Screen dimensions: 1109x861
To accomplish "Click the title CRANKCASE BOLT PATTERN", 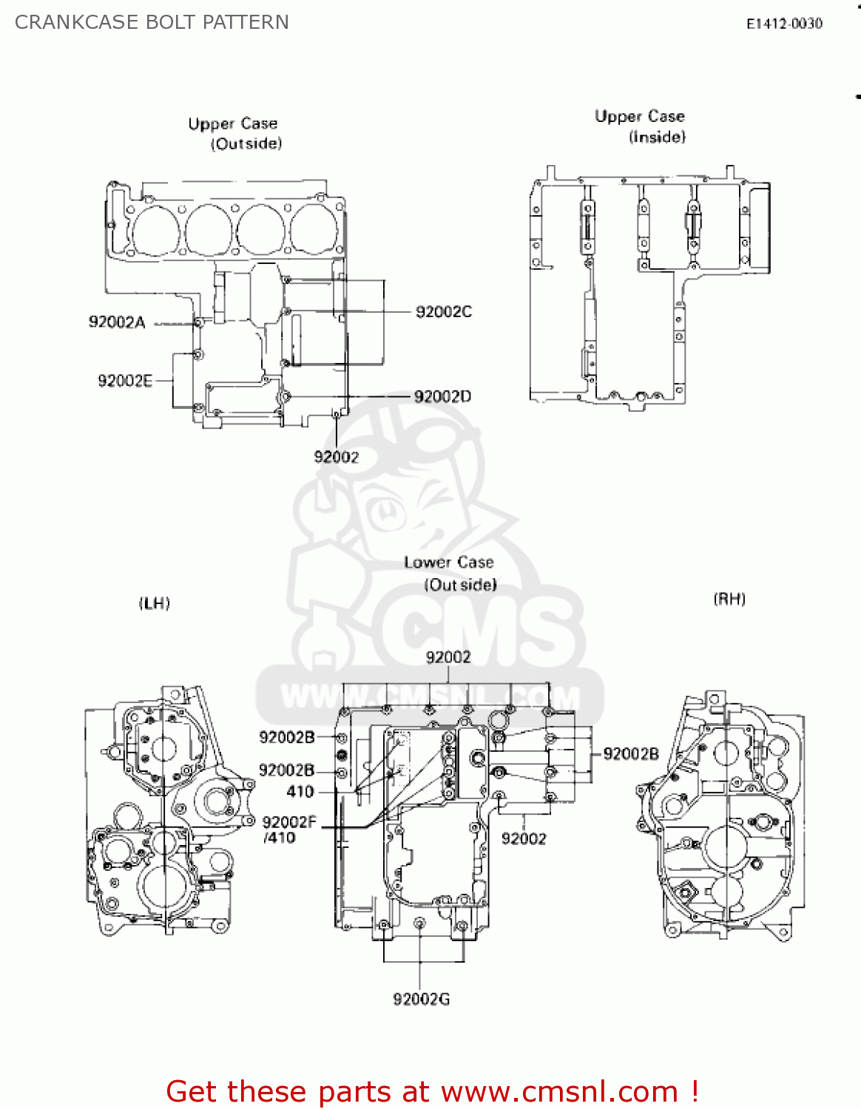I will (x=152, y=22).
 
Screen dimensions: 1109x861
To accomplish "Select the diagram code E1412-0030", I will (x=784, y=24).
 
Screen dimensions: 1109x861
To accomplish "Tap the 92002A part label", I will (x=117, y=322).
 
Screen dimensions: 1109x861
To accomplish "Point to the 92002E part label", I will (x=125, y=381).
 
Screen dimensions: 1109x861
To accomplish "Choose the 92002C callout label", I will (x=444, y=312).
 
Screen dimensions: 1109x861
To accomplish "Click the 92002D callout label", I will (x=442, y=397).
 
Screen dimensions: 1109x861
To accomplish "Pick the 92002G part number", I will (x=421, y=1000).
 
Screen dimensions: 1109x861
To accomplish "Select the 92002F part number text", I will (x=289, y=822).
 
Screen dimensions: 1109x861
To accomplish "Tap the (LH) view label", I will (x=155, y=603).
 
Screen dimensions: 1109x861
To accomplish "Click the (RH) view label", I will (x=729, y=599).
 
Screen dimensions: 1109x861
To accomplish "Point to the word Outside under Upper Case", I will (x=247, y=143).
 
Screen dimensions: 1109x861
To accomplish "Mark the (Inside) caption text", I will (x=658, y=137).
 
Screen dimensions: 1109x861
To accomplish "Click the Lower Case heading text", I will (x=448, y=563).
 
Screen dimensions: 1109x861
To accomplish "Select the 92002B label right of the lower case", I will (x=631, y=754).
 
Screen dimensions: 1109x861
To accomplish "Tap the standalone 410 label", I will (x=300, y=792).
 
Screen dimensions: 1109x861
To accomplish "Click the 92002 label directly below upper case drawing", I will (x=337, y=457).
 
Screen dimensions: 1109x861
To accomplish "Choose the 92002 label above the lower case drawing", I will (x=448, y=657).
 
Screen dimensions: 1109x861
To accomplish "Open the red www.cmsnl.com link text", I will (x=559, y=1091).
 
